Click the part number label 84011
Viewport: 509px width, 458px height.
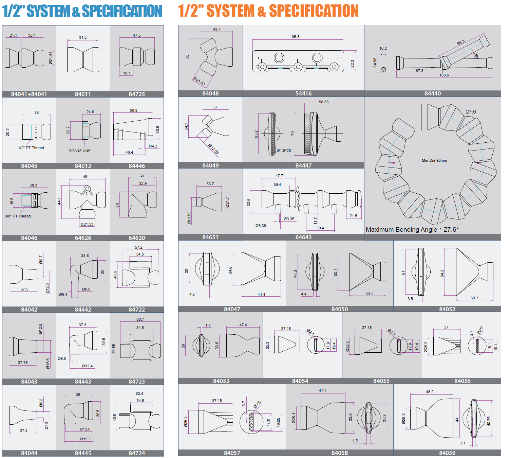point(83,94)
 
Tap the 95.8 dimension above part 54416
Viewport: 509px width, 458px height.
point(295,37)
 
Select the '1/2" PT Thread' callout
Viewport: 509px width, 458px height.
point(31,148)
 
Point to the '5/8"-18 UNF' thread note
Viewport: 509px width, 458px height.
point(80,151)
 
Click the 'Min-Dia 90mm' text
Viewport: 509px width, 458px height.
point(434,160)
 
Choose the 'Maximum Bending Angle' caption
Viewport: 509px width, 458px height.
point(401,229)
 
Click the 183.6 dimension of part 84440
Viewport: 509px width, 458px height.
point(444,75)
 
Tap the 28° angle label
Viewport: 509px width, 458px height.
point(476,56)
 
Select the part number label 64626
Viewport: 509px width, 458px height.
point(83,238)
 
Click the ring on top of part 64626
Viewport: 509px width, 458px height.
point(87,189)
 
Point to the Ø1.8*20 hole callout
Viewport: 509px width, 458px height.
point(284,151)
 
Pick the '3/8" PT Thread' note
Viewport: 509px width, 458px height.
point(18,216)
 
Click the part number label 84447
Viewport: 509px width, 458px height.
point(303,165)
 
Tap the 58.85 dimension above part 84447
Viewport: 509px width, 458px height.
point(323,102)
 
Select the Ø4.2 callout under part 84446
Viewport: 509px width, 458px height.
point(153,146)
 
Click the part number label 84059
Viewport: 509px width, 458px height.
point(447,453)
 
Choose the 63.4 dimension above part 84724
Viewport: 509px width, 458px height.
point(139,393)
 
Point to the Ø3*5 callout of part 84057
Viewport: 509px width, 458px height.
point(257,404)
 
